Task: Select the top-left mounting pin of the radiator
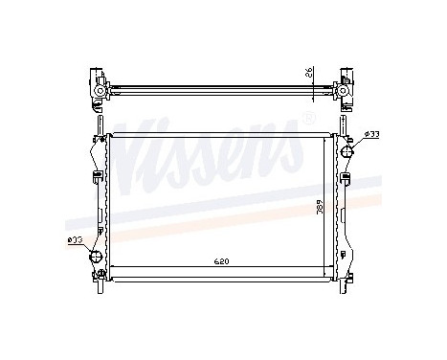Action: (x=99, y=124)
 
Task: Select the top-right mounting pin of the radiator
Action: (x=345, y=124)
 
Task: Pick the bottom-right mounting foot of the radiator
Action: (x=346, y=278)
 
